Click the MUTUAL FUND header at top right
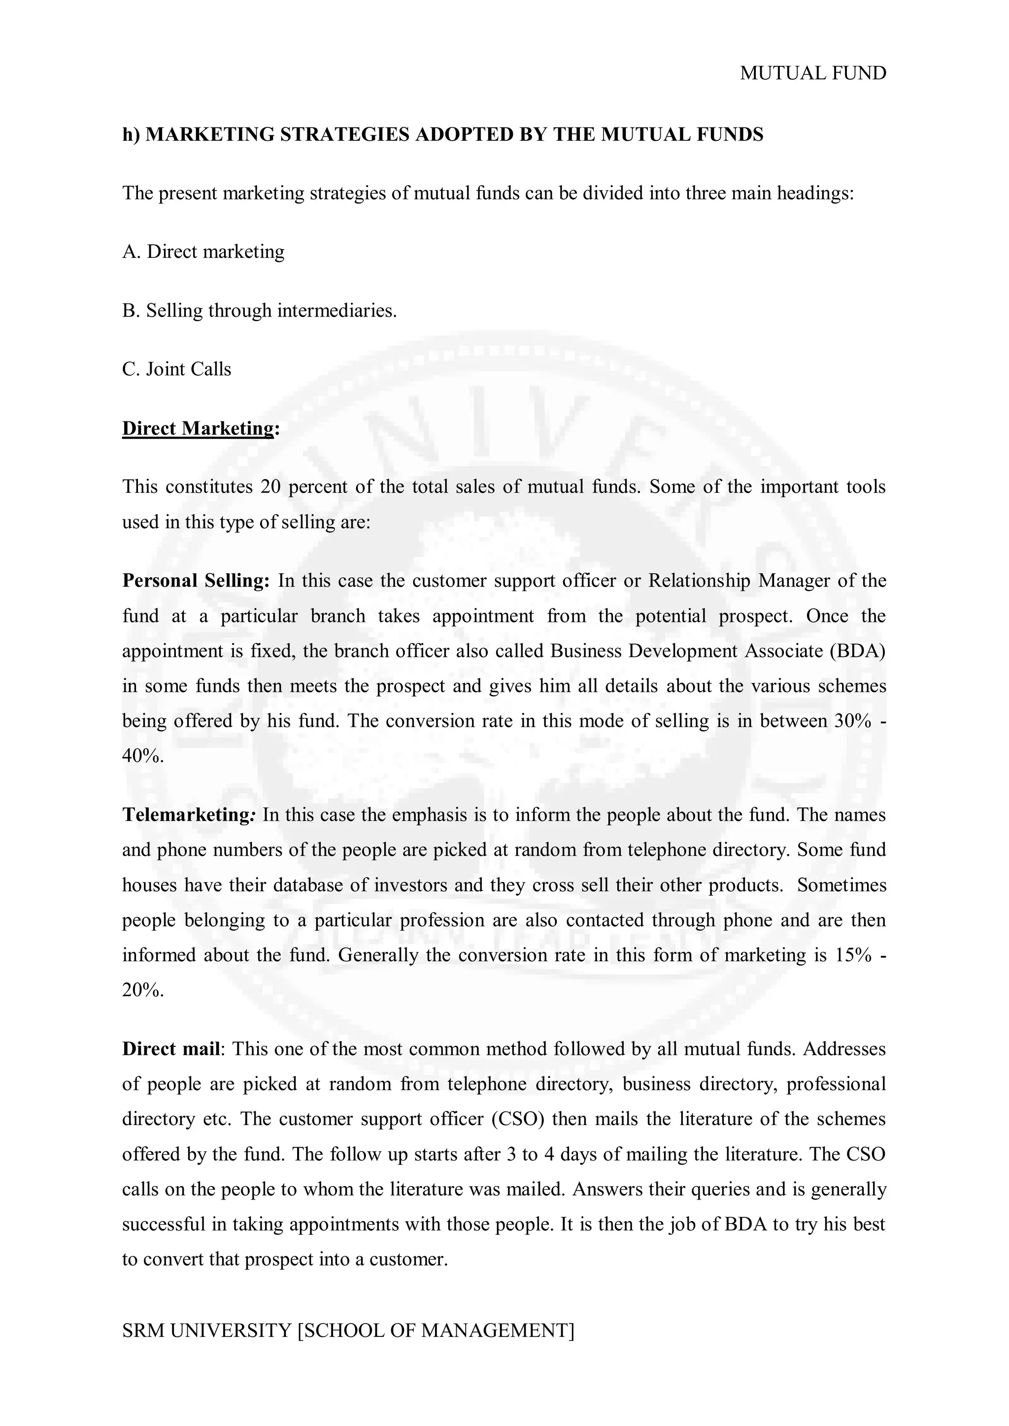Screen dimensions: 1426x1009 point(812,73)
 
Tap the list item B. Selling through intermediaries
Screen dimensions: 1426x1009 point(259,311)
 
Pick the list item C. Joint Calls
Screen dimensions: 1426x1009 point(176,369)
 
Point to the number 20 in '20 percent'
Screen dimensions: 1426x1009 point(271,486)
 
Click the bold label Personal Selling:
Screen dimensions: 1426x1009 point(196,581)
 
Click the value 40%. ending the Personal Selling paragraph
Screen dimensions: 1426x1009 point(143,756)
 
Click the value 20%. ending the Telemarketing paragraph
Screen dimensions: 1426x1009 point(143,990)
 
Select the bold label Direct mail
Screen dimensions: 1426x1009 point(171,1049)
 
